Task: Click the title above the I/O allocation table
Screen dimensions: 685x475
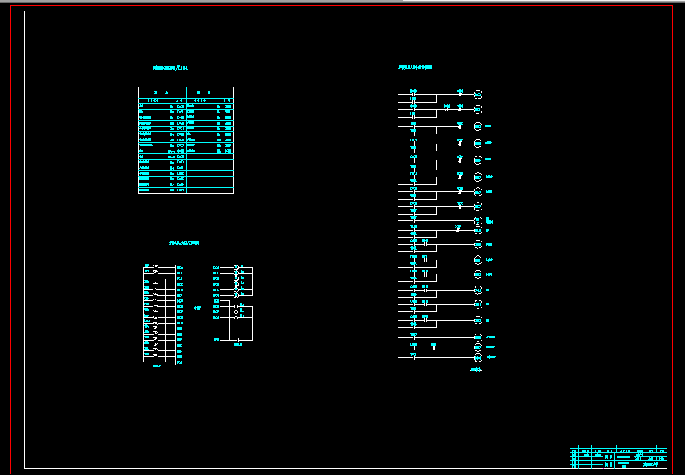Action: (170, 68)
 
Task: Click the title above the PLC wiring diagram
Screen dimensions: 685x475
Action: (184, 243)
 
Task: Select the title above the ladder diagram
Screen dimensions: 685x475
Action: (415, 68)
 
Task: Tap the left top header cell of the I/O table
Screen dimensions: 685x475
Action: (162, 92)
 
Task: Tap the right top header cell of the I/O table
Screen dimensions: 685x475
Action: (209, 92)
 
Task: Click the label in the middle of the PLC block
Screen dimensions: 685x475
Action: (198, 308)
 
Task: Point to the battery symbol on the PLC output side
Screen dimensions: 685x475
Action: (238, 341)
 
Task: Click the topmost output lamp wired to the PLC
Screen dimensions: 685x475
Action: (236, 267)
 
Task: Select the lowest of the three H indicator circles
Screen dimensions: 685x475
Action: (237, 317)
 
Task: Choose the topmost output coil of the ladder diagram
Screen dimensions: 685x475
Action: (477, 94)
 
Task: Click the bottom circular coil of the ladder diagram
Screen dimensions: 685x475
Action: (477, 358)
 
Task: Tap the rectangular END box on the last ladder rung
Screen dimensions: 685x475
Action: (476, 368)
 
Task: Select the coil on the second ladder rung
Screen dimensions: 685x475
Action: (477, 109)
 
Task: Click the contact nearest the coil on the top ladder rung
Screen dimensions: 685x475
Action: (460, 93)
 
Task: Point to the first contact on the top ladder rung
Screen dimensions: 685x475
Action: (413, 93)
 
